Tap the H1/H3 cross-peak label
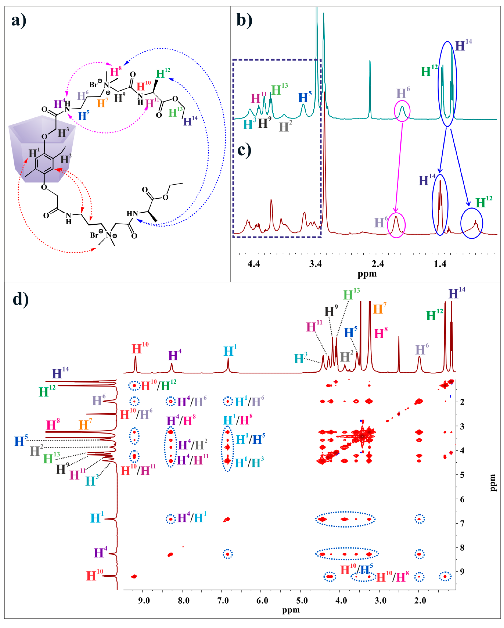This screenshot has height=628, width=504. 249,463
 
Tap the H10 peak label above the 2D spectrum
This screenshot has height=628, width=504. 140,349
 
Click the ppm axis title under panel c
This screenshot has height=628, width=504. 367,274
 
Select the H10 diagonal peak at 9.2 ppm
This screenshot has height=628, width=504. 134,577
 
